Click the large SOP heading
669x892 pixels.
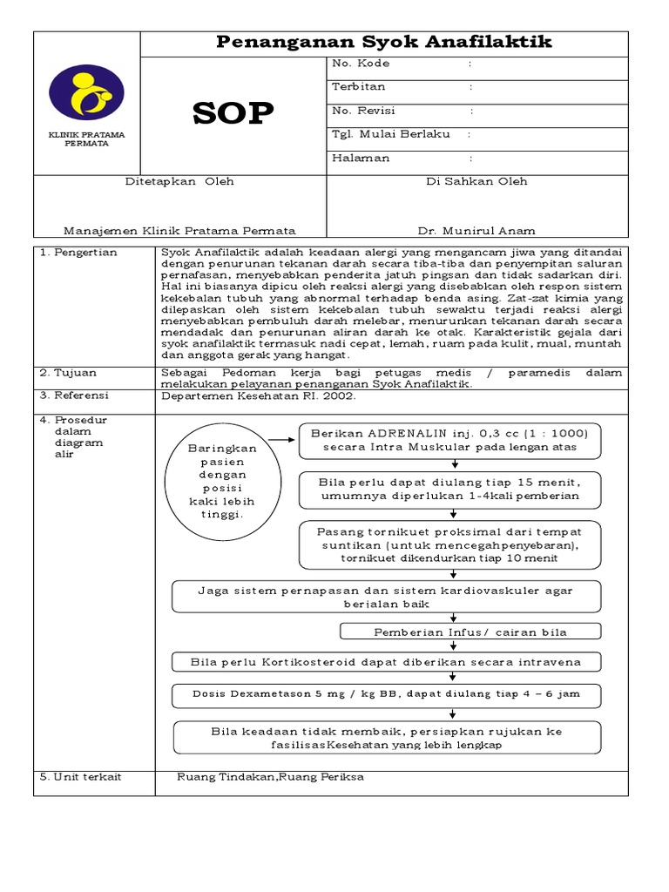[233, 113]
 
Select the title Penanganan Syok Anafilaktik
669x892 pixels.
[383, 43]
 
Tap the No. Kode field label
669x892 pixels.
[361, 64]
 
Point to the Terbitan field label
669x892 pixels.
[358, 87]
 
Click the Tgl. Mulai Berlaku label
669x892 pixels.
[390, 134]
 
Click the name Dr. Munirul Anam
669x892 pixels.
[476, 231]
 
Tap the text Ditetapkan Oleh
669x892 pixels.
[179, 182]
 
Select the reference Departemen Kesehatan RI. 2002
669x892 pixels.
[259, 395]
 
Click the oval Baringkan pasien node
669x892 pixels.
[218, 480]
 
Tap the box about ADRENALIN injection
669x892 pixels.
[449, 441]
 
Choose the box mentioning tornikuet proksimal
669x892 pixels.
[449, 544]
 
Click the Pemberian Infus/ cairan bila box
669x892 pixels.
[470, 632]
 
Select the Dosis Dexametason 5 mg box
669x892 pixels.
[386, 694]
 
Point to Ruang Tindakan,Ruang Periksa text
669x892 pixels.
[270, 777]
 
